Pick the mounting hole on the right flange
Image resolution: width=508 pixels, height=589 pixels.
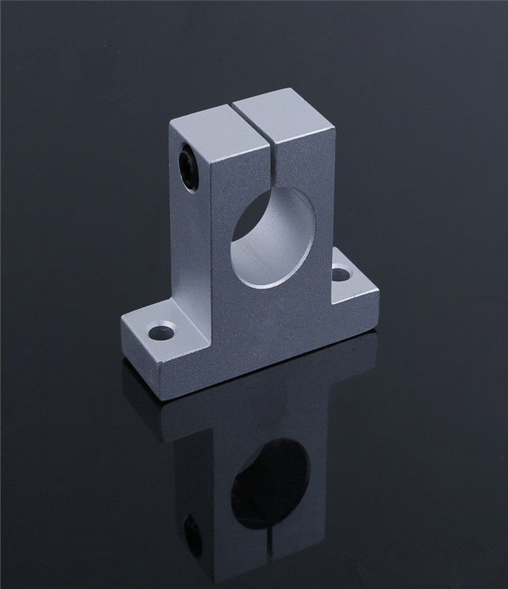[340, 275]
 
